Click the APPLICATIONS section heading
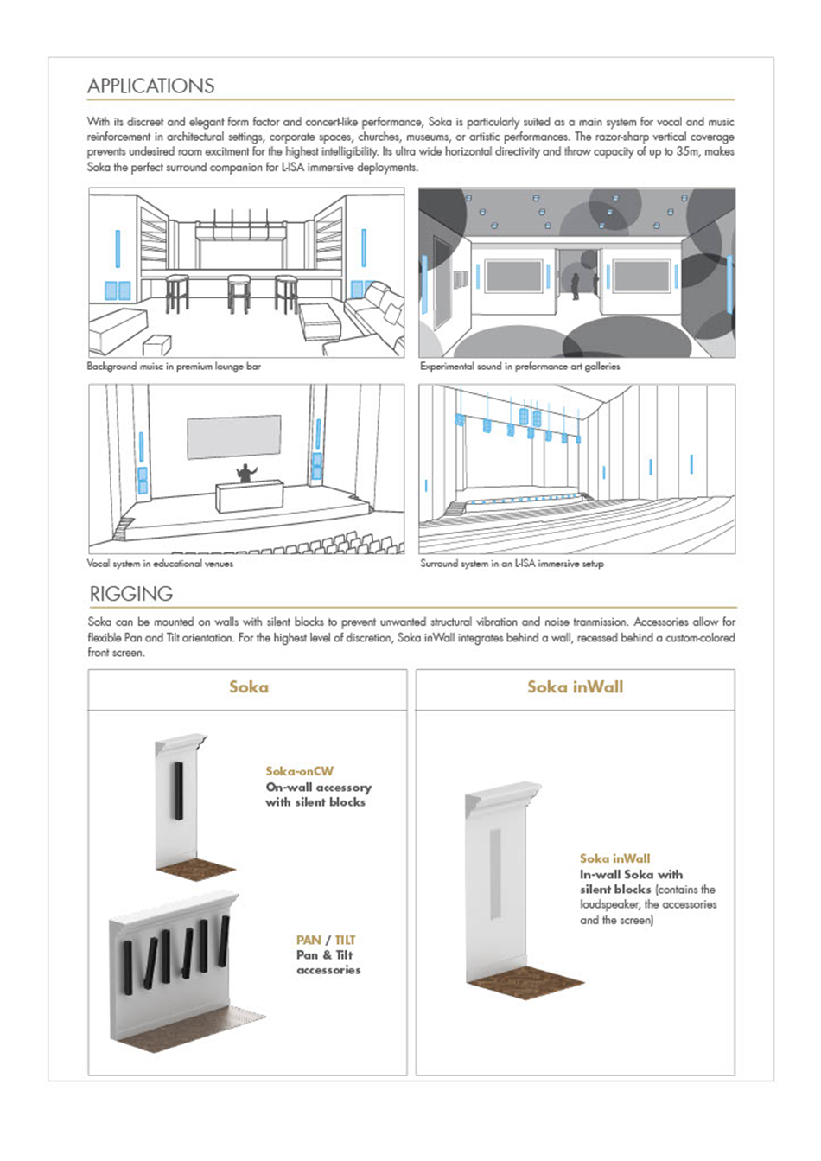(x=150, y=86)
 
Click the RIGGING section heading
(x=131, y=594)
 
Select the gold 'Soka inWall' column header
(x=575, y=687)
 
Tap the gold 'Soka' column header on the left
(x=248, y=687)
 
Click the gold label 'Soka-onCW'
(x=299, y=771)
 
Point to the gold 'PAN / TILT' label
(x=326, y=940)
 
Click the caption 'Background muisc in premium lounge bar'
(x=174, y=367)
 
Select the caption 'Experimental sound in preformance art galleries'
(x=519, y=367)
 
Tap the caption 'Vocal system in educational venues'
(x=160, y=564)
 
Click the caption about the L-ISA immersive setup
(x=512, y=564)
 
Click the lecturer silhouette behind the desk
(x=246, y=473)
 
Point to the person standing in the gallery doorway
(x=575, y=286)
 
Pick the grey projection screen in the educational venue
(x=234, y=437)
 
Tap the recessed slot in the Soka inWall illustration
(x=494, y=873)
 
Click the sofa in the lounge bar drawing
(x=376, y=316)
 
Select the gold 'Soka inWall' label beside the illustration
(x=614, y=858)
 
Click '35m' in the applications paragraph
(x=687, y=152)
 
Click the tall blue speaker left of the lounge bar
(x=118, y=250)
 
